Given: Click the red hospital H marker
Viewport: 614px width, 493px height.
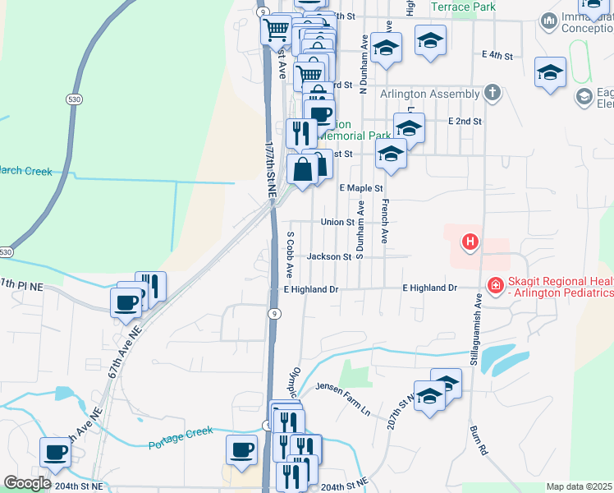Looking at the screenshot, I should (470, 242).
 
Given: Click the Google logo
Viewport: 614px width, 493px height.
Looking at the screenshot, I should (27, 483).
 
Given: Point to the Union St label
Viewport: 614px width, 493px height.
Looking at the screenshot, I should (337, 222).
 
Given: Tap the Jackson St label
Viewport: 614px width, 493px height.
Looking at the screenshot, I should (328, 256).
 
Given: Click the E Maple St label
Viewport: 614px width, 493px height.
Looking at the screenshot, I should (361, 188).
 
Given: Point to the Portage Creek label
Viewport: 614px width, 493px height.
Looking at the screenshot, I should (181, 438).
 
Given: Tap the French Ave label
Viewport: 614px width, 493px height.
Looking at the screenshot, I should (383, 219).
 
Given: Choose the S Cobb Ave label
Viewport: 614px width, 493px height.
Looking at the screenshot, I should (290, 252).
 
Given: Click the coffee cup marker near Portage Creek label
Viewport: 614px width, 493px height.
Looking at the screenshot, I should (242, 449).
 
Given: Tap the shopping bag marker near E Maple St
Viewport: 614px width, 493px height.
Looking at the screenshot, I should (303, 170).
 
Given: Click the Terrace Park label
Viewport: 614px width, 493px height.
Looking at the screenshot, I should (463, 7).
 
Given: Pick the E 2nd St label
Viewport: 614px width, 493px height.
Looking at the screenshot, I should (465, 121).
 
